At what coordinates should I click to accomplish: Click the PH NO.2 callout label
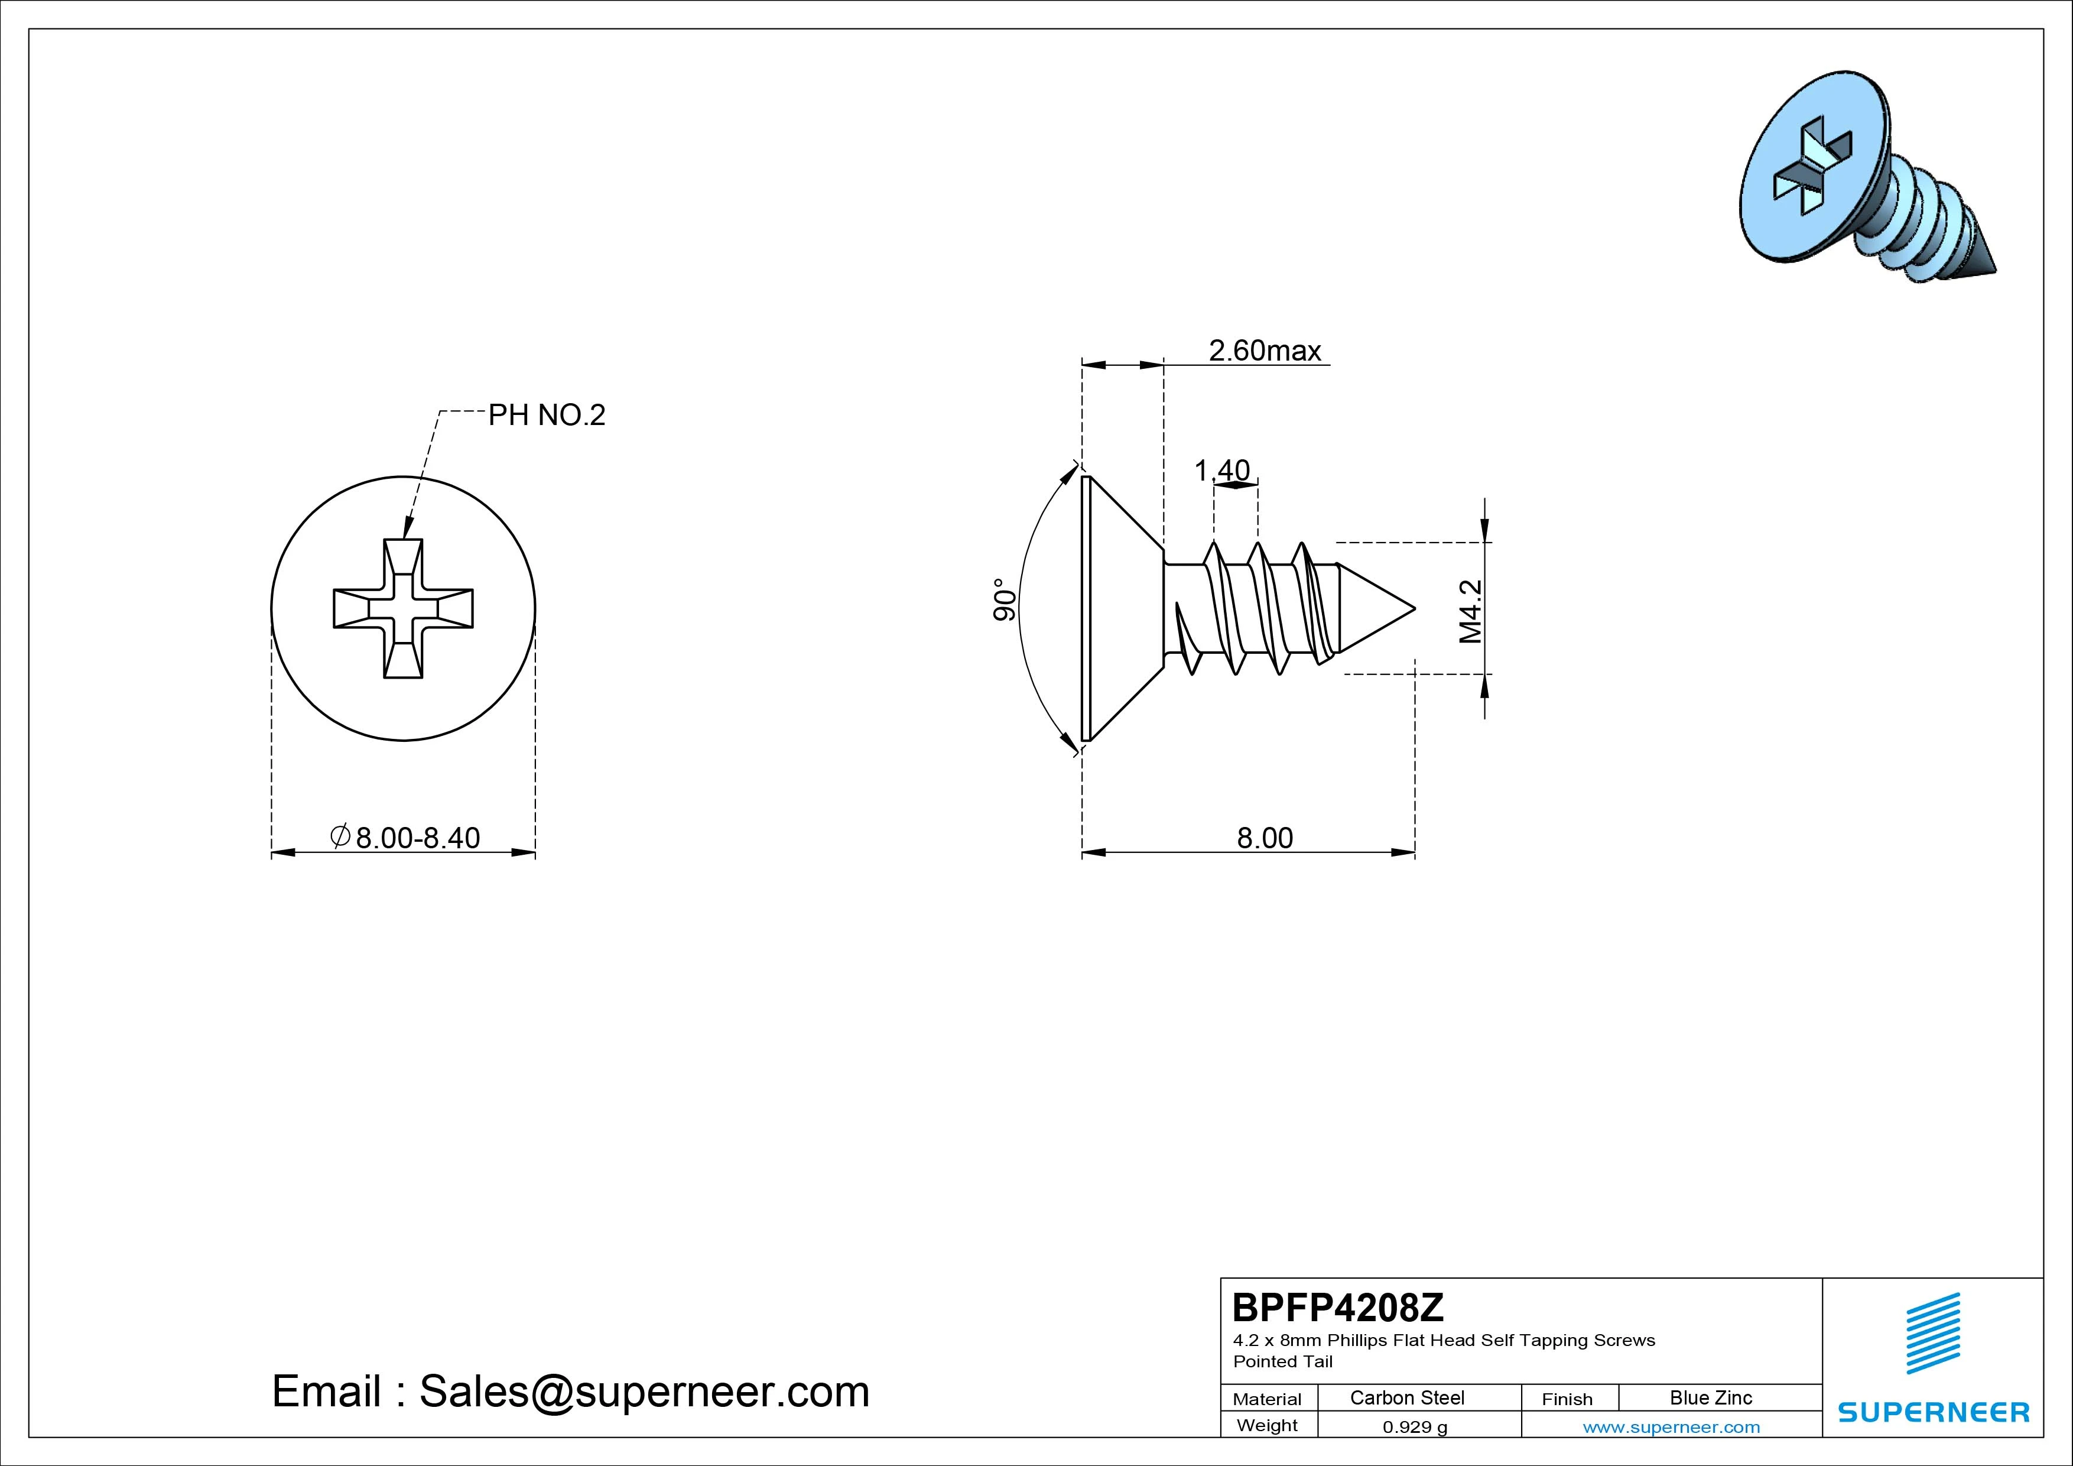[x=547, y=416]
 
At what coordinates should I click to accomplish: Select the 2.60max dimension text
[x=1265, y=351]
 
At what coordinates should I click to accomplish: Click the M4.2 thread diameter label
[x=1471, y=611]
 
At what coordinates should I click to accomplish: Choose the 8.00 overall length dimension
[x=1265, y=838]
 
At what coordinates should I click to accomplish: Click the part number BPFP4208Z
[x=1338, y=1307]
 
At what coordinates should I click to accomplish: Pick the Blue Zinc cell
[x=1711, y=1397]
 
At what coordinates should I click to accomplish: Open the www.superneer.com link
[x=1671, y=1427]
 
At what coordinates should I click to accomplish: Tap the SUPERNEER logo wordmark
[x=1934, y=1412]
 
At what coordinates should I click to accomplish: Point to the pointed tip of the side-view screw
[x=1414, y=608]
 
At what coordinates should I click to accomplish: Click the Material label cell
[x=1267, y=1399]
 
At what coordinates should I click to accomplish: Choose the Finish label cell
[x=1567, y=1399]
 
